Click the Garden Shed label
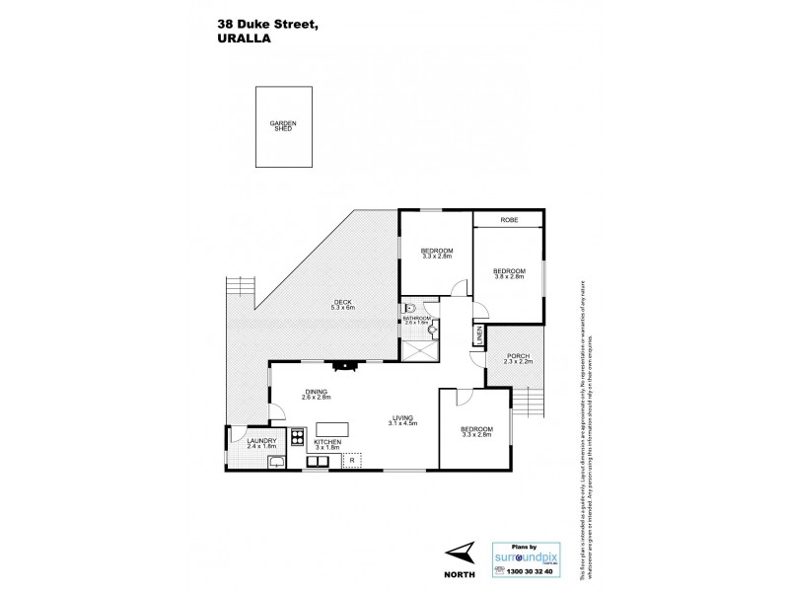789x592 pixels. click(x=282, y=126)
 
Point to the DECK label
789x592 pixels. click(x=341, y=305)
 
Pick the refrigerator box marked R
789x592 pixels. click(x=352, y=460)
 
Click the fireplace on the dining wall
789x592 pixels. click(x=344, y=365)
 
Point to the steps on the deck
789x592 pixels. click(x=242, y=287)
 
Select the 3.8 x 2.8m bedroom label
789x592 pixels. click(x=509, y=272)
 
